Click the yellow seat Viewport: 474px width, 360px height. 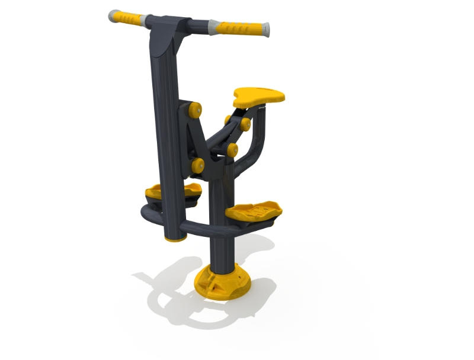[x=259, y=97]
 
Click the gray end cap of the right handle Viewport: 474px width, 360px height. [x=267, y=30]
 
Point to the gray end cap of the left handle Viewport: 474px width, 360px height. [x=113, y=15]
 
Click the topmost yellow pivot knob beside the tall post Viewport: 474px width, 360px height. [x=195, y=110]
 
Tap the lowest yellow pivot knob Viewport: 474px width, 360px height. [x=198, y=165]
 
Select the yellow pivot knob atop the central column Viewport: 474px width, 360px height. [x=232, y=150]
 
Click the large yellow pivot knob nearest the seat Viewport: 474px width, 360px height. [x=244, y=124]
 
